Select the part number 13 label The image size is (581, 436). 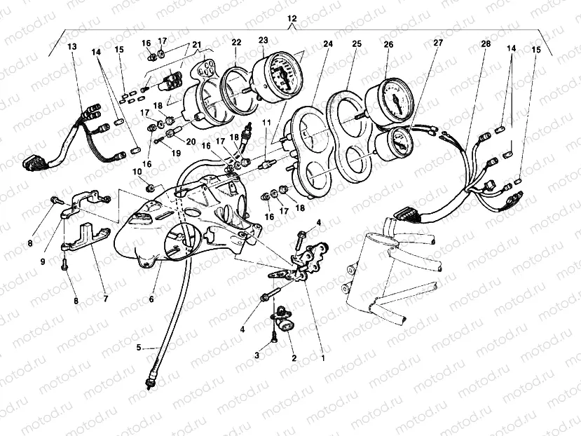(72, 46)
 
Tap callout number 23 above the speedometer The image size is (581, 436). (263, 41)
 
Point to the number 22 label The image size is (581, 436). (236, 42)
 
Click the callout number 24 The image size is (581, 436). (328, 43)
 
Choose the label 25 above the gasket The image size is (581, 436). (356, 43)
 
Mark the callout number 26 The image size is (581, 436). (388, 43)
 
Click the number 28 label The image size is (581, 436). (486, 43)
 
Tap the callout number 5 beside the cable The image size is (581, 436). (139, 347)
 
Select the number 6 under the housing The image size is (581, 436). (151, 299)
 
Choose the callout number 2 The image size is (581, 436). (294, 357)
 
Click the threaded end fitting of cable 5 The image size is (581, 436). (149, 382)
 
